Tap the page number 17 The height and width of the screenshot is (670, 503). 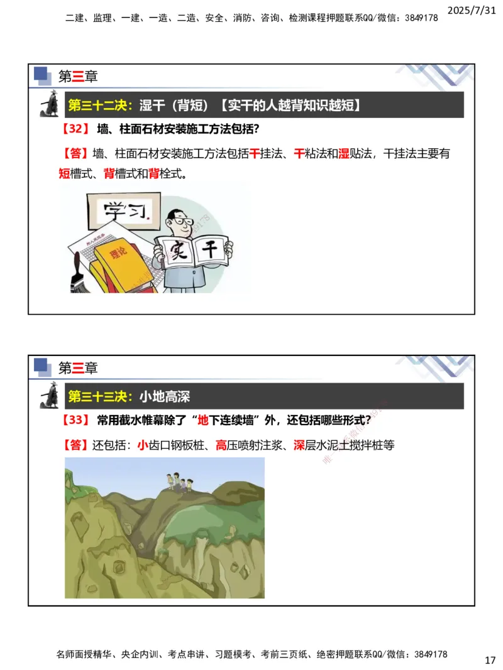click(490, 661)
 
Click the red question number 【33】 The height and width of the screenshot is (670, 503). click(75, 419)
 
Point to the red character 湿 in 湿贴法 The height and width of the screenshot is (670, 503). click(343, 153)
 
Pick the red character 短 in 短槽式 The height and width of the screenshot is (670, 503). click(64, 174)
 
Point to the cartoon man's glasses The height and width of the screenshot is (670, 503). click(179, 221)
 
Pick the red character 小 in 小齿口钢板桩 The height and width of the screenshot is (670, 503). click(142, 445)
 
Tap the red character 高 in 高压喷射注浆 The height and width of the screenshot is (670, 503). click(221, 445)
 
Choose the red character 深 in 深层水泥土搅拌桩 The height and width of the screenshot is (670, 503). click(299, 445)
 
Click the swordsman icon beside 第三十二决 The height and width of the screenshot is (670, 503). click(48, 104)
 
